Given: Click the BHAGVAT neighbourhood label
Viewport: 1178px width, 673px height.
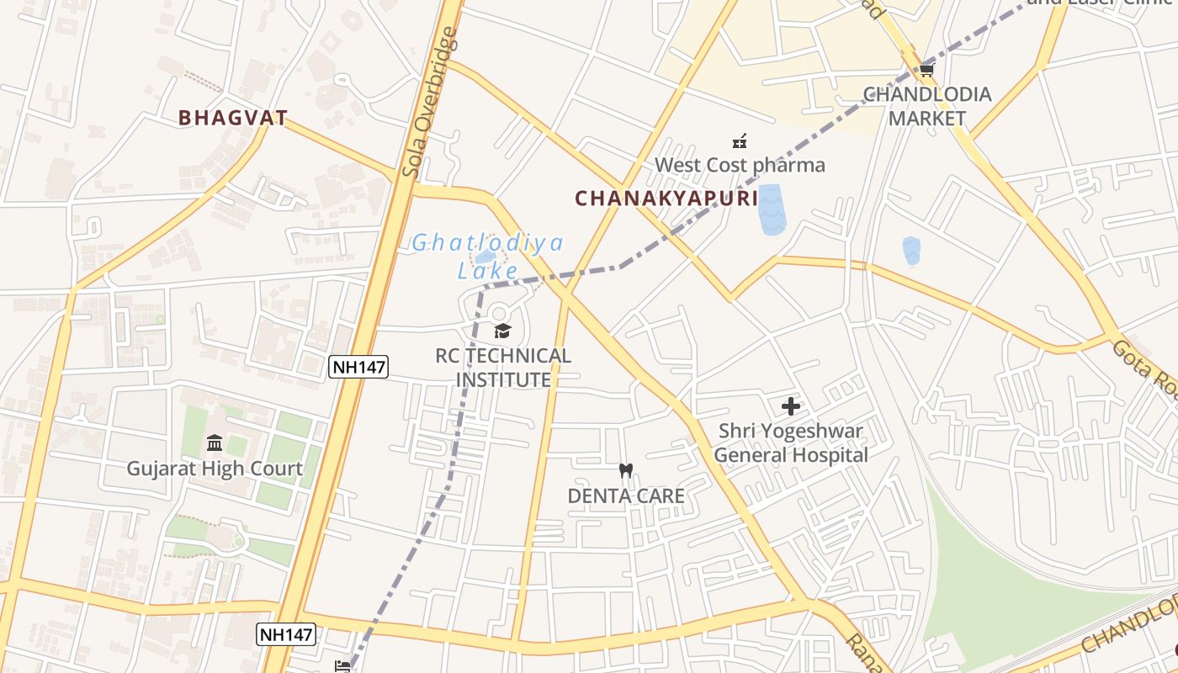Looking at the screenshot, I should [233, 118].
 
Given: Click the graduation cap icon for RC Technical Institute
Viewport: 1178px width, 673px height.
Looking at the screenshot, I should [502, 331].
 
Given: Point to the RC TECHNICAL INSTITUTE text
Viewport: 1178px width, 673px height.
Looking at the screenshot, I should [503, 368].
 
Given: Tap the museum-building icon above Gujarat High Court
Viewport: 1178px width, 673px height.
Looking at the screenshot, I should [215, 442].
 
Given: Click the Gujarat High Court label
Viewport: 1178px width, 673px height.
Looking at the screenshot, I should [215, 469].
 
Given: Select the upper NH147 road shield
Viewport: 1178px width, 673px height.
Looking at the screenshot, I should [358, 366].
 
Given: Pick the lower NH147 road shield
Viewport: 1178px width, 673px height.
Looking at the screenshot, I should [286, 635].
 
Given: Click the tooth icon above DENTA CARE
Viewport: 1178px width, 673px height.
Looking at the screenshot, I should [625, 471].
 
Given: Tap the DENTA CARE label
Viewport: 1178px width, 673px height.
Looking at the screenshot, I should [626, 495].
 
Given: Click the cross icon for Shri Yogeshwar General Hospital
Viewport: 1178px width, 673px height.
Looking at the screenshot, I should [791, 406].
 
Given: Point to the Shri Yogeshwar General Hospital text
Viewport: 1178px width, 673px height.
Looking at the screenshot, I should [791, 443].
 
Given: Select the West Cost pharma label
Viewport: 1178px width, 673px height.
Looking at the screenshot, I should [740, 165].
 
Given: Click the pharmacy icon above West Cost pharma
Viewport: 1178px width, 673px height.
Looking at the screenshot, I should [740, 140].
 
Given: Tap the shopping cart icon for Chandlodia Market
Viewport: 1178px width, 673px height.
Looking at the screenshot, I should [927, 70].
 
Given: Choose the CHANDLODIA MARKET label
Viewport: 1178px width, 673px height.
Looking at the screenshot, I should [927, 106].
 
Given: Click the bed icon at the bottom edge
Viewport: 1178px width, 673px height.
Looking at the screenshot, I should [343, 665].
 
